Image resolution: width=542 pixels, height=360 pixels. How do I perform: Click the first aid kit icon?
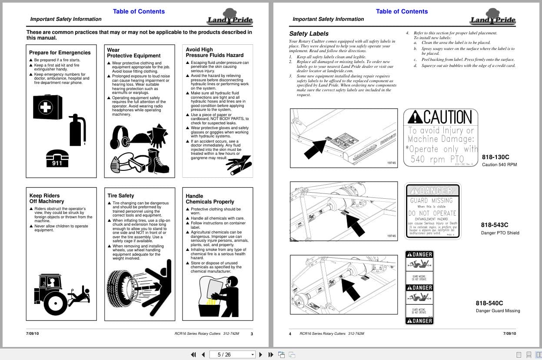(x=47, y=107)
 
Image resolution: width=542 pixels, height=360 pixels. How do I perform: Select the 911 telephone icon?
(x=57, y=158)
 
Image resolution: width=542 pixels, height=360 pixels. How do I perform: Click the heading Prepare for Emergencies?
(x=60, y=53)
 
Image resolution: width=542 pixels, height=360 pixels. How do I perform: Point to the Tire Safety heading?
(x=121, y=196)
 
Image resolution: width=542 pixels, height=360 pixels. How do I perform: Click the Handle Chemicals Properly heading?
(x=210, y=199)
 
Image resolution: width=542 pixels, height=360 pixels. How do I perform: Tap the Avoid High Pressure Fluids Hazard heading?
(x=215, y=53)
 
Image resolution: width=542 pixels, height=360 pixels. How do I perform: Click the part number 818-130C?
(x=495, y=157)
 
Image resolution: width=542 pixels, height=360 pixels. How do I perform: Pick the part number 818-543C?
(x=494, y=225)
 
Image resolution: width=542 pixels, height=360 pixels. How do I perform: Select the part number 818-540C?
(x=489, y=303)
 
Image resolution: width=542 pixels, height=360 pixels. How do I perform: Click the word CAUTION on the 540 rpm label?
(x=447, y=117)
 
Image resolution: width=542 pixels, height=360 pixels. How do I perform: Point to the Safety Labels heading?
(x=309, y=33)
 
